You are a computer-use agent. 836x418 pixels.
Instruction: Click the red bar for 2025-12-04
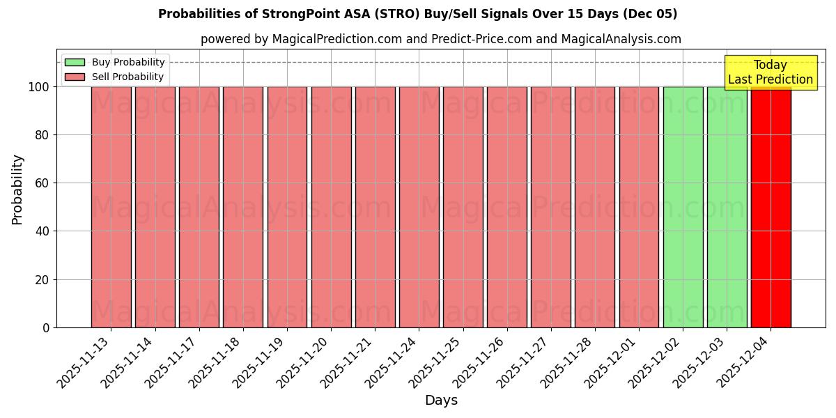point(771,209)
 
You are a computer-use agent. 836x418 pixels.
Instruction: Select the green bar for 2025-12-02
point(683,209)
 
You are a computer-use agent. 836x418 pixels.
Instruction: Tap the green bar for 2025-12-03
point(727,209)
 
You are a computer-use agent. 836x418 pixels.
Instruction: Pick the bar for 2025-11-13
point(111,209)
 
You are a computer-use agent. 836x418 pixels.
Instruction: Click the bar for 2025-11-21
point(375,209)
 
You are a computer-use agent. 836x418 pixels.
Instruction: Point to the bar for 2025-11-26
point(506,209)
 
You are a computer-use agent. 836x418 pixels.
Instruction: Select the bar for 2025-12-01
point(639,209)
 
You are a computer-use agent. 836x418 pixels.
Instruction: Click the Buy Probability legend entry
point(115,62)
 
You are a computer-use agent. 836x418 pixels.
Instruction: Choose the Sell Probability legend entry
point(115,77)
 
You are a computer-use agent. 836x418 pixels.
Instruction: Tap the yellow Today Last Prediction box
point(770,72)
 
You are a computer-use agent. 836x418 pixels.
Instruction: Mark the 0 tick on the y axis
point(45,328)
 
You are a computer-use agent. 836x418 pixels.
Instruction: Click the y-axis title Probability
point(17,189)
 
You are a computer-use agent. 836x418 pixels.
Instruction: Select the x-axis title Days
point(441,401)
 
